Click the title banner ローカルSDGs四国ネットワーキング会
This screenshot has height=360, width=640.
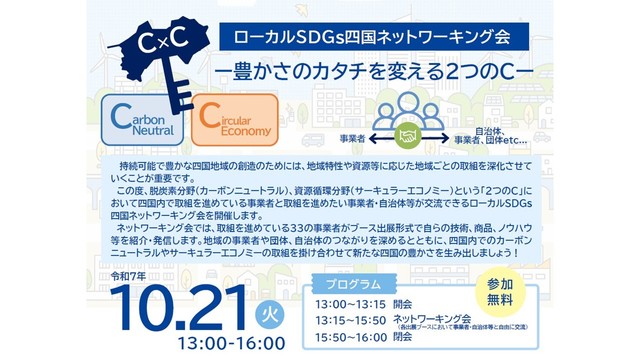click(x=370, y=38)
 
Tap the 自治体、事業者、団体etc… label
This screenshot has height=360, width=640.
click(x=475, y=134)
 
